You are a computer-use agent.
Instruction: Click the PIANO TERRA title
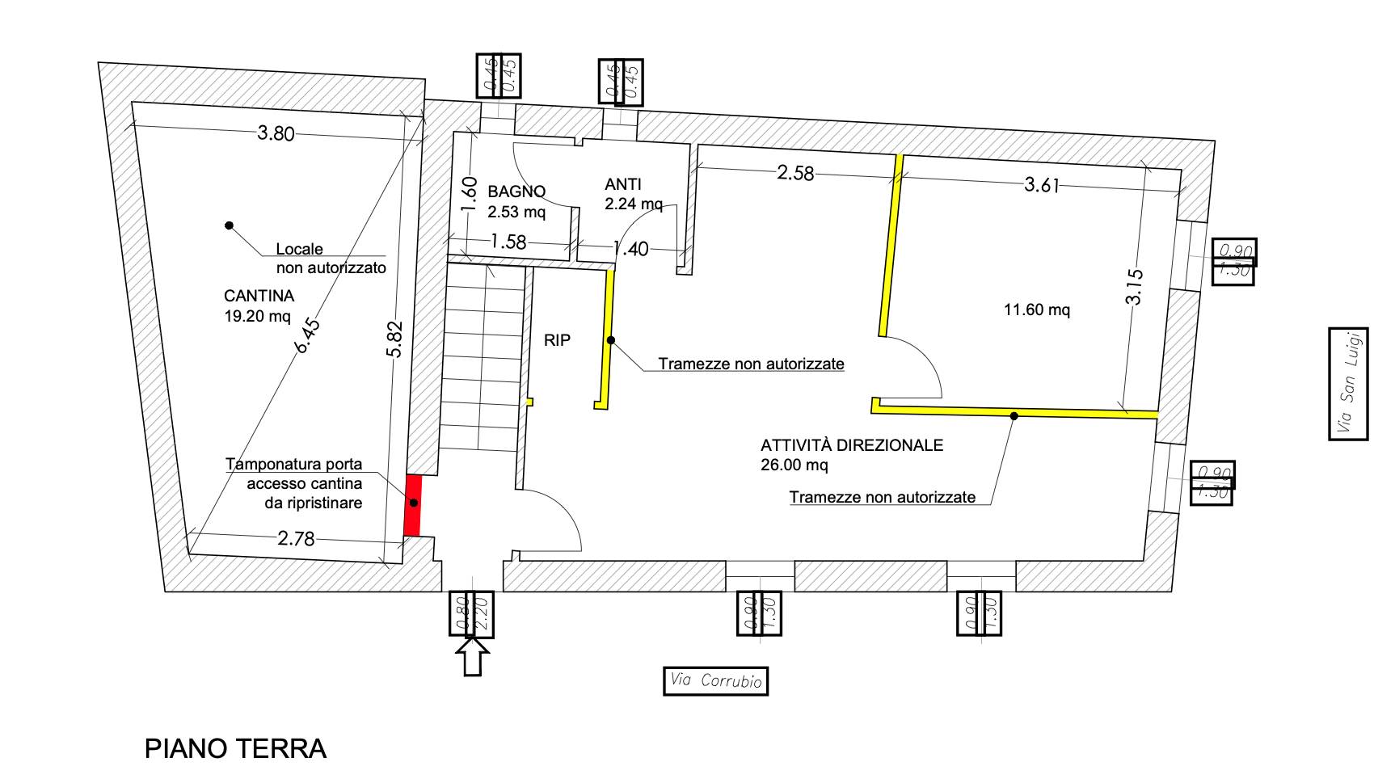tap(235, 748)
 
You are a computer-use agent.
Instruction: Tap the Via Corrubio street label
tap(715, 680)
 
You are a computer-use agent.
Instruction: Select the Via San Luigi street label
tap(1347, 384)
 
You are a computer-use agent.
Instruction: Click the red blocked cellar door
tap(413, 504)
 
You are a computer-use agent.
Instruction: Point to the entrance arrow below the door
tap(473, 655)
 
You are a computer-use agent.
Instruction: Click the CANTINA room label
tap(259, 296)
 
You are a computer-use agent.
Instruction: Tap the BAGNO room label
tap(516, 192)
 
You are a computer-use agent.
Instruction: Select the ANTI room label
tap(622, 184)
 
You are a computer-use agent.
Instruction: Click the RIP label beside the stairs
tap(557, 340)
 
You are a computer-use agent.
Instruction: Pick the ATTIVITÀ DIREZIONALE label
tap(852, 445)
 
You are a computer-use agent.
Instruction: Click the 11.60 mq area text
tap(1037, 309)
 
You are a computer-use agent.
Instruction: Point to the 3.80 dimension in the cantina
tap(276, 133)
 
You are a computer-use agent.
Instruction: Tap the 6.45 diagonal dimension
tap(308, 336)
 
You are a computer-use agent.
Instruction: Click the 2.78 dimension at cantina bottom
tap(296, 538)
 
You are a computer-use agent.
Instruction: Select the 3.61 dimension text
tap(1042, 185)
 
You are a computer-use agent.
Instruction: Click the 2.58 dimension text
tap(795, 173)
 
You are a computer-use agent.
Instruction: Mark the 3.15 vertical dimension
tap(1135, 286)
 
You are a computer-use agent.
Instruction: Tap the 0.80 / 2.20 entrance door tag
tap(471, 614)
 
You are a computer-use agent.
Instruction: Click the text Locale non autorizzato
tap(331, 259)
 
